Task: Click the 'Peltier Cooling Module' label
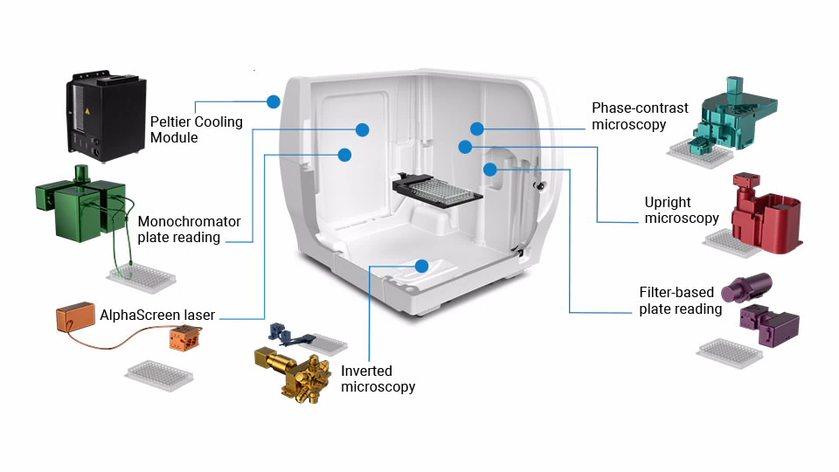(x=196, y=129)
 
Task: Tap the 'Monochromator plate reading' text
(x=189, y=229)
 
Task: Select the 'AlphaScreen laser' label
(x=157, y=315)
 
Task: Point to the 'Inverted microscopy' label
(x=378, y=378)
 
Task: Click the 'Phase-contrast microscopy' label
(x=640, y=116)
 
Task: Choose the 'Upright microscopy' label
(x=682, y=210)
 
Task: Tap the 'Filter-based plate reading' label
(x=680, y=300)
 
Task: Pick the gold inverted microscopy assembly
(x=293, y=373)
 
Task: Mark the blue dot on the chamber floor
(x=421, y=265)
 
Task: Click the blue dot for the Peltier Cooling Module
(x=274, y=101)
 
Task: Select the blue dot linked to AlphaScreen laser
(x=344, y=155)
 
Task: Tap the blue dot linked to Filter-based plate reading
(x=490, y=167)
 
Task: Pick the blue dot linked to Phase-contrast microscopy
(x=477, y=128)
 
